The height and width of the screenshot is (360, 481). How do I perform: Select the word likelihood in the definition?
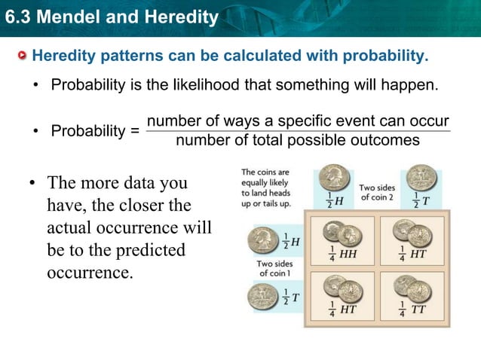click(x=197, y=84)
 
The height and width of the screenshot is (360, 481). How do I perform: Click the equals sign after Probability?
click(x=134, y=132)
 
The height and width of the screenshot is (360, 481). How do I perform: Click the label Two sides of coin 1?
click(x=274, y=269)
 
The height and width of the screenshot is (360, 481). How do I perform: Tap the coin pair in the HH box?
click(x=340, y=231)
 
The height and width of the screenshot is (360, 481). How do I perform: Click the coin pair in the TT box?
click(x=414, y=288)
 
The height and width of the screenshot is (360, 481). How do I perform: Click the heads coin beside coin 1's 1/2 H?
click(x=263, y=241)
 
